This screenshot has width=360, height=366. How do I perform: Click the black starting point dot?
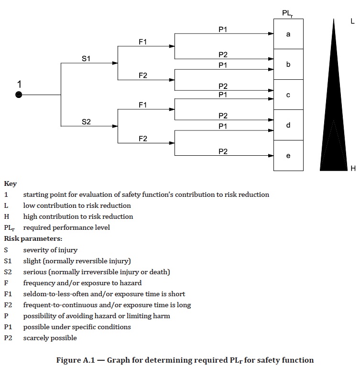tap(19, 95)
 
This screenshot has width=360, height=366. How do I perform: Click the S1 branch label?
tap(86, 59)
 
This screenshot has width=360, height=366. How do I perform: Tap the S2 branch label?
tap(86, 122)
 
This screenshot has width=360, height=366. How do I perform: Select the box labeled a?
tap(288, 34)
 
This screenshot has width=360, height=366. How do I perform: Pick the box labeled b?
tap(288, 64)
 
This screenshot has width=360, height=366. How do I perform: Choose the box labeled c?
tap(288, 95)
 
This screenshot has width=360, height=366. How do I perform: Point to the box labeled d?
tap(288, 125)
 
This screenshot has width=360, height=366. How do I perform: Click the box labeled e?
tap(288, 156)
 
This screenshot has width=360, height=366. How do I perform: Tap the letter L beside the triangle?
tap(352, 21)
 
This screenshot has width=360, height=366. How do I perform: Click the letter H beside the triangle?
tap(353, 168)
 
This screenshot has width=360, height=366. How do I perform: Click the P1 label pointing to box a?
tap(223, 30)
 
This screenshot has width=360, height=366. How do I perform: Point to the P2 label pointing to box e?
tap(223, 151)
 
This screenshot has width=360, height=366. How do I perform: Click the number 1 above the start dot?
tap(19, 85)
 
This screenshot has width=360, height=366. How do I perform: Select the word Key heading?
tap(11, 183)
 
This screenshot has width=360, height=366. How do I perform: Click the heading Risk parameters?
tap(33, 238)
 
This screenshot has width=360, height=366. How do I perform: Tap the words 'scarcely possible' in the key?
tap(50, 338)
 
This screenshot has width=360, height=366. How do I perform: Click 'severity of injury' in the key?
tap(50, 250)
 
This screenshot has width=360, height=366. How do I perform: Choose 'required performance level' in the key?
tap(66, 227)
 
